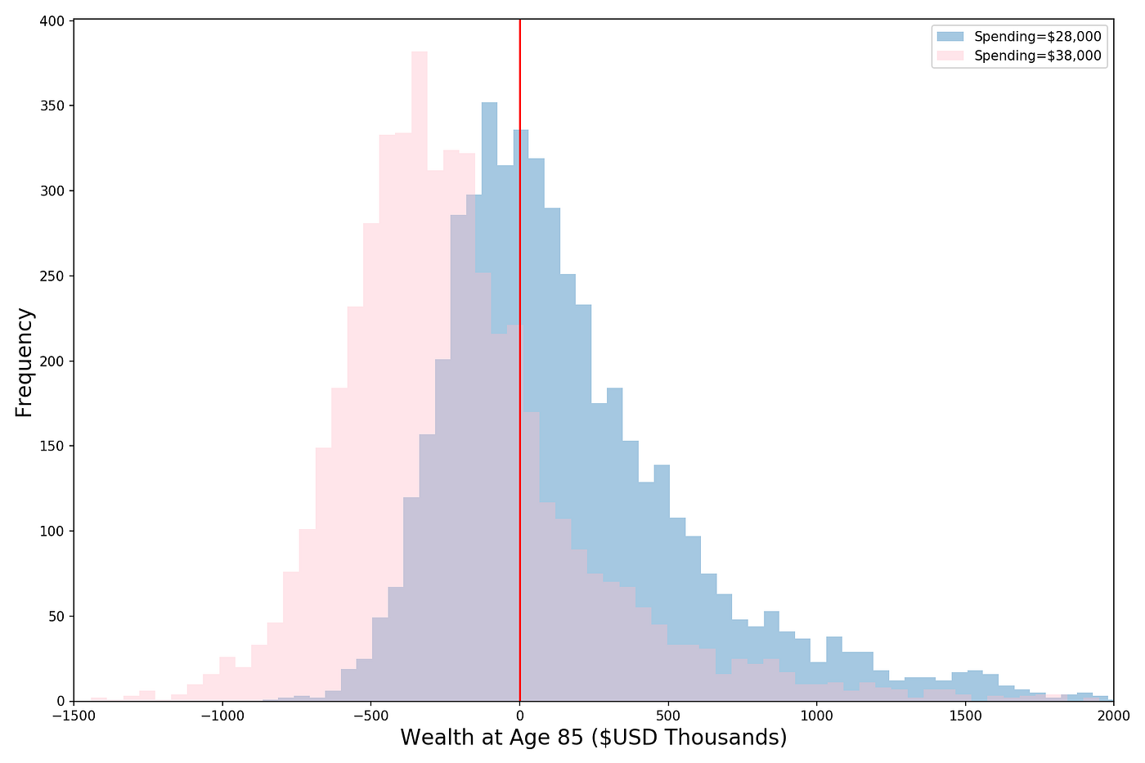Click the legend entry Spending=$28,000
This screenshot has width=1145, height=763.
(x=1037, y=36)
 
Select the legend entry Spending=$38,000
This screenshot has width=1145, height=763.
(x=1037, y=56)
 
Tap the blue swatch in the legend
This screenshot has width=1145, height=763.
(x=950, y=36)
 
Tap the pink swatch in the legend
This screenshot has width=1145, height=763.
(x=950, y=56)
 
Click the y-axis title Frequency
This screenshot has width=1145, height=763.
(x=25, y=361)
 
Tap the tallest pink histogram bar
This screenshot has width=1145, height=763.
(x=419, y=245)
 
